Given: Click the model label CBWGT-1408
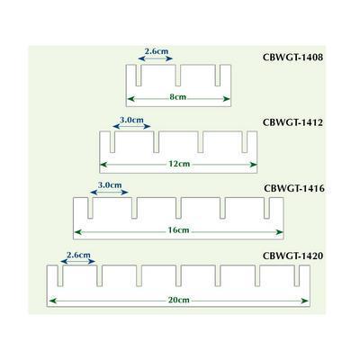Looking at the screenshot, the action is click(x=292, y=58).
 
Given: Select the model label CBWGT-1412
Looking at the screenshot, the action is click(x=292, y=122).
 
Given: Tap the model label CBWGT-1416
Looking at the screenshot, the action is click(x=294, y=189).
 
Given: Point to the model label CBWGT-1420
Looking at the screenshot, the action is click(x=292, y=256).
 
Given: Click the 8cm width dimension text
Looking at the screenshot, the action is click(x=178, y=97).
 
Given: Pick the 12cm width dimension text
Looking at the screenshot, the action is click(x=179, y=164).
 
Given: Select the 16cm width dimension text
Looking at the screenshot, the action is click(x=178, y=230).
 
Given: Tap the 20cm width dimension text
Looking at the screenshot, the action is click(x=178, y=300).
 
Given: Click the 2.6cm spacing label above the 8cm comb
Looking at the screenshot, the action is click(x=157, y=51).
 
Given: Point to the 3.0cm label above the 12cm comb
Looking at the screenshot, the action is click(x=131, y=120).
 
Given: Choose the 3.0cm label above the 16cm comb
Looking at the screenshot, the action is click(x=110, y=185).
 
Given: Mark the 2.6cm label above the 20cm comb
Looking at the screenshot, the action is click(x=78, y=255).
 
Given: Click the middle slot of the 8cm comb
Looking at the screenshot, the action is click(x=178, y=76).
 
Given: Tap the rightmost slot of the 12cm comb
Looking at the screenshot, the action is click(x=245, y=142).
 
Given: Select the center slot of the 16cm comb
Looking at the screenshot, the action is click(x=178, y=208).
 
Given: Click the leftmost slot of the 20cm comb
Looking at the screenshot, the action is click(x=60, y=276).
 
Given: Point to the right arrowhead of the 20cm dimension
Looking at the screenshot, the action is click(x=305, y=301).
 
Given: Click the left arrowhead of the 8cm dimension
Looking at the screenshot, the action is click(x=131, y=99).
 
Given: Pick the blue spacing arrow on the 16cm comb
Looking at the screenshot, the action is click(x=109, y=193).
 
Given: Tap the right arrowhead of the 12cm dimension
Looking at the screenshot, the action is click(x=254, y=165).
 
